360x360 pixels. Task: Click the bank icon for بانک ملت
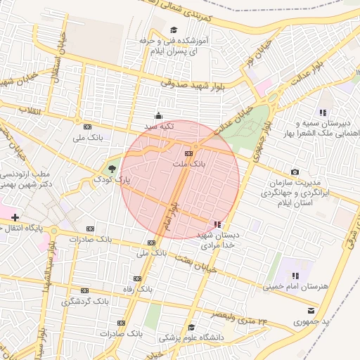pyautogui.click(x=188, y=153)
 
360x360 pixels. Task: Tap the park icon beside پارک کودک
pyautogui.click(x=110, y=169)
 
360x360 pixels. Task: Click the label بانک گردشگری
pyautogui.click(x=85, y=301)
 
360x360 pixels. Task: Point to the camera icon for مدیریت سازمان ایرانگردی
pyautogui.click(x=295, y=172)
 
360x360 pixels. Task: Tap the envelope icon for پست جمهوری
pyautogui.click(x=311, y=310)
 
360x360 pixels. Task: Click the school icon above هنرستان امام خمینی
pyautogui.click(x=295, y=276)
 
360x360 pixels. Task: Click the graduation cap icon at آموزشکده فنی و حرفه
pyautogui.click(x=173, y=30)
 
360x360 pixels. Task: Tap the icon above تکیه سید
pyautogui.click(x=158, y=116)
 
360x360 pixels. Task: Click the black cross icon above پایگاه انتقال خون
pyautogui.click(x=15, y=217)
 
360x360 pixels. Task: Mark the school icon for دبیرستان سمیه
pyautogui.click(x=323, y=112)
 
